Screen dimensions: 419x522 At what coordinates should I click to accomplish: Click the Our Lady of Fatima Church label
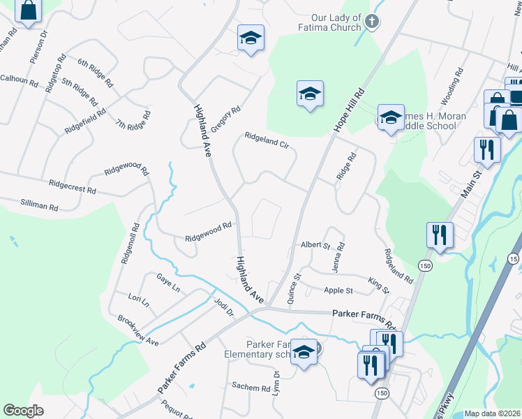point(327,22)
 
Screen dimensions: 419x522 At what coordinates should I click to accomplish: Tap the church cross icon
point(372,22)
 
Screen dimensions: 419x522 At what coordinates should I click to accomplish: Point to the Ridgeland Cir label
point(266,140)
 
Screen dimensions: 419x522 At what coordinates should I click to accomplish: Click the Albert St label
point(315,245)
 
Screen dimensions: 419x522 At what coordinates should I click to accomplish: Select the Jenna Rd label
point(341,257)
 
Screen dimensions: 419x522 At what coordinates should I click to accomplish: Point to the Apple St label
point(338,291)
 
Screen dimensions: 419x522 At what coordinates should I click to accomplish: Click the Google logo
point(23,411)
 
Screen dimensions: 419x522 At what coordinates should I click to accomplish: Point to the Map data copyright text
point(493,413)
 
